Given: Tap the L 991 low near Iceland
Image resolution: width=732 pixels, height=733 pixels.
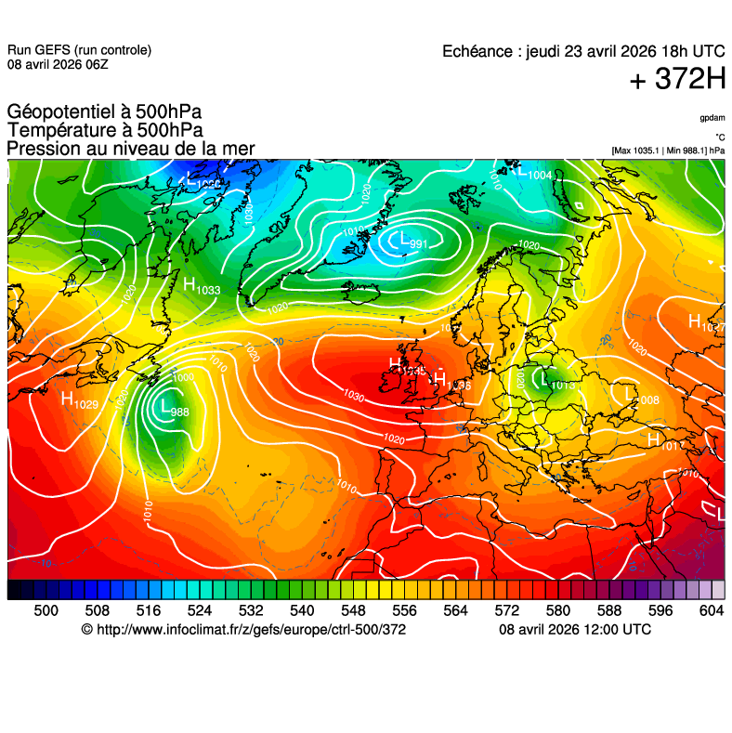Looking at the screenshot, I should click(x=409, y=242).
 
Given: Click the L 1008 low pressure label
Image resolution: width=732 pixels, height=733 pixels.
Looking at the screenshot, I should click(x=642, y=398).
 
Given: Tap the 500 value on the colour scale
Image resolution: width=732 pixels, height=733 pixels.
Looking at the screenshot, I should click(x=46, y=609).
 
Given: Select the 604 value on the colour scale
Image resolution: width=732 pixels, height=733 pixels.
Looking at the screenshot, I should click(x=711, y=609).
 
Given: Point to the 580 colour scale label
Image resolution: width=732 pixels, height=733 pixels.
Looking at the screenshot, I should click(x=557, y=609).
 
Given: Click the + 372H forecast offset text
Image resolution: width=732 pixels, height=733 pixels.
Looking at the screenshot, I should click(x=677, y=80).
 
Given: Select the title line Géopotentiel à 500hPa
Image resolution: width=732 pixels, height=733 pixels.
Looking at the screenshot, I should click(x=104, y=113).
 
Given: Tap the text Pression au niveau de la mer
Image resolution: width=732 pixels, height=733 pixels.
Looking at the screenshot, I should click(x=130, y=149).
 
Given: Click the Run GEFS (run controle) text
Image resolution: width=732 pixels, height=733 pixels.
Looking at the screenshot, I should click(x=79, y=50).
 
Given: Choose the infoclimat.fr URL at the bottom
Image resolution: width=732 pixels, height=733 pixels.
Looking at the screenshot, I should click(x=243, y=630).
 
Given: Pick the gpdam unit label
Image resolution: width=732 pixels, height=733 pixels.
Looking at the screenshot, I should click(x=712, y=118).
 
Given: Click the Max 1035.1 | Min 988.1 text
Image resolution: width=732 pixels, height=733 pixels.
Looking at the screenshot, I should click(x=668, y=151).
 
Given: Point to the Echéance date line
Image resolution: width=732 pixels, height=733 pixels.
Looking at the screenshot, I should click(x=583, y=51).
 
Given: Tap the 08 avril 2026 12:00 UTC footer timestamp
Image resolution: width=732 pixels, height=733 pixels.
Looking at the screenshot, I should click(x=575, y=630).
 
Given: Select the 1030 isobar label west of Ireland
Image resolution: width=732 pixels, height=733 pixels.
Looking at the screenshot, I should click(x=353, y=395).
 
